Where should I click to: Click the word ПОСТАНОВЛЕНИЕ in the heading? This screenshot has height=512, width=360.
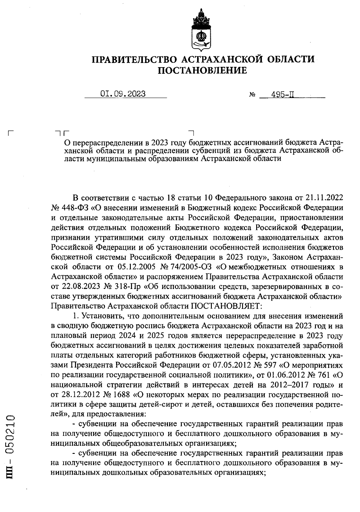(x=202, y=71)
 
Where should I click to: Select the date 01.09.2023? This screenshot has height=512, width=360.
(x=123, y=94)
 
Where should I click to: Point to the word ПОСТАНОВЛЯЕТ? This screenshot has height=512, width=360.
(x=226, y=306)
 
